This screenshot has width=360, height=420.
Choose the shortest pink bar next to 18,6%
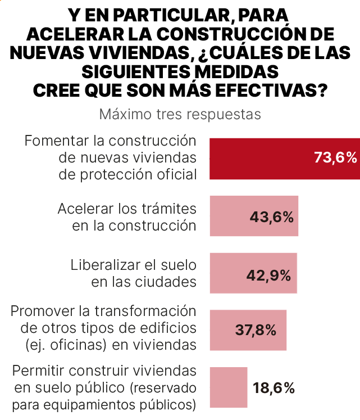click(x=228, y=387)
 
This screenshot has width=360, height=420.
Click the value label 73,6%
click(x=335, y=158)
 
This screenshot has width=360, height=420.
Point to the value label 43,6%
click(x=272, y=217)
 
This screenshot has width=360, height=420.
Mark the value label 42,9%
click(x=268, y=276)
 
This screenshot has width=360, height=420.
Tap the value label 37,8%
click(x=256, y=331)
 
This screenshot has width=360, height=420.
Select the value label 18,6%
click(x=274, y=388)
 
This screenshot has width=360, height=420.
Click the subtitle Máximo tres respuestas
click(x=180, y=114)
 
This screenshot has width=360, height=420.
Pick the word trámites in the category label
click(x=168, y=209)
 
